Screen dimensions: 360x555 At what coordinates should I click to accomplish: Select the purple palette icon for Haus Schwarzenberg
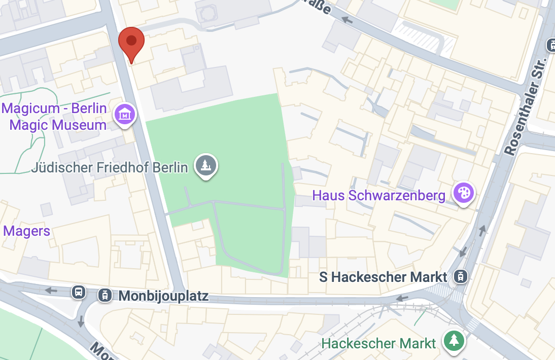pyautogui.click(x=463, y=193)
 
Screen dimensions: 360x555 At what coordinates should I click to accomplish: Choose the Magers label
pyautogui.click(x=26, y=231)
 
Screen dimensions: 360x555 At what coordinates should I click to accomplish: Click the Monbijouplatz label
pyautogui.click(x=163, y=296)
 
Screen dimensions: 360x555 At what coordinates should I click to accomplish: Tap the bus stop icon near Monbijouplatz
pyautogui.click(x=79, y=292)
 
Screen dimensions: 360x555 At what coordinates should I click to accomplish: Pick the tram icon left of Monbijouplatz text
pyautogui.click(x=105, y=295)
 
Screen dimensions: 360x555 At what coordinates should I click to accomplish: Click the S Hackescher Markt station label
pyautogui.click(x=384, y=277)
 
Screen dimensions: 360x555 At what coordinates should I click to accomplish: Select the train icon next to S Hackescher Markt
pyautogui.click(x=461, y=276)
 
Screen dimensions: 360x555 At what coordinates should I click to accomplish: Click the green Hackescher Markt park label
pyautogui.click(x=378, y=343)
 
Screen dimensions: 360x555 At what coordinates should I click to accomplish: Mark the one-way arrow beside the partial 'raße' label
pyautogui.click(x=348, y=20)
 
